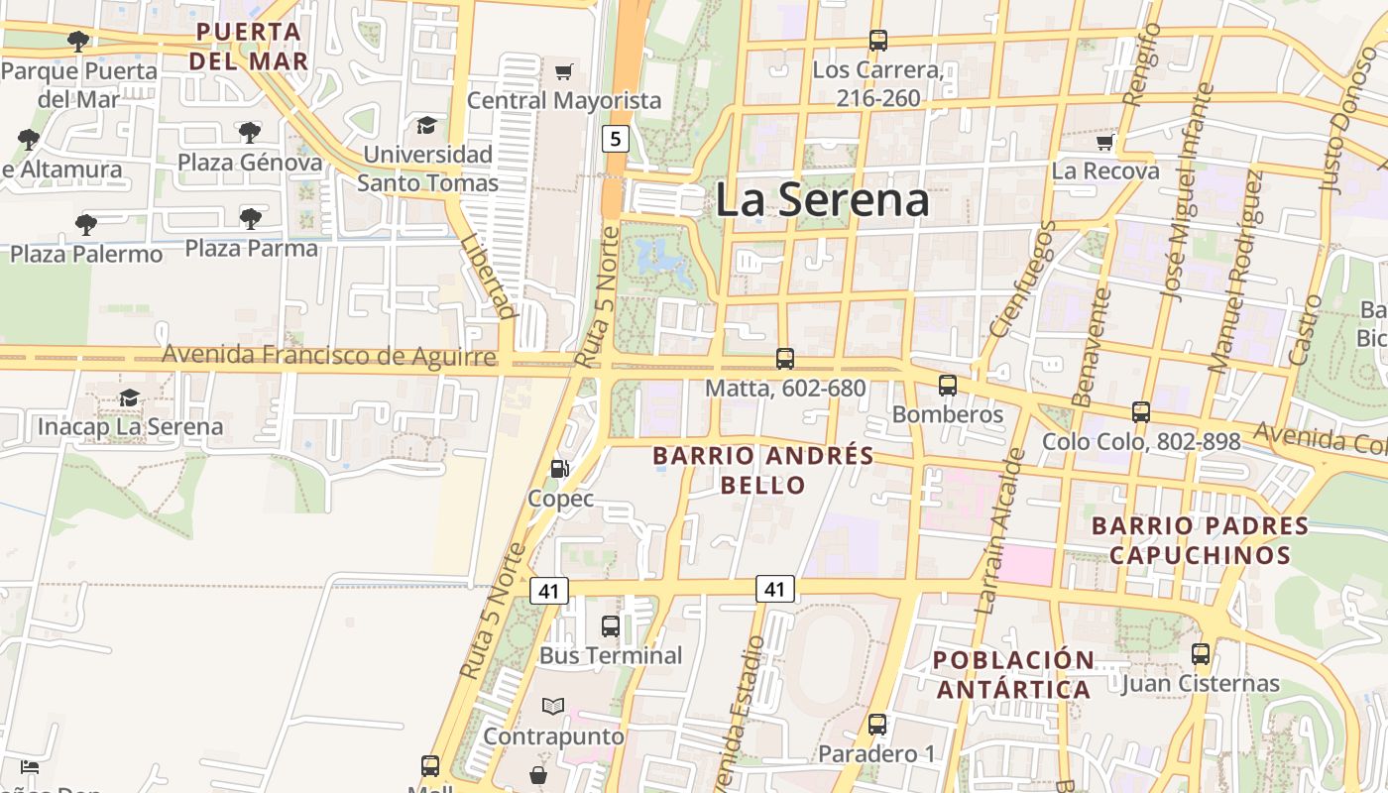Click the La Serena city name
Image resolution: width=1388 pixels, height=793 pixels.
pyautogui.click(x=822, y=200)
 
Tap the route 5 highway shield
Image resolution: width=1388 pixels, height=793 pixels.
pyautogui.click(x=615, y=139)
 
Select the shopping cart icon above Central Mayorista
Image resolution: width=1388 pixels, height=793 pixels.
pyautogui.click(x=564, y=71)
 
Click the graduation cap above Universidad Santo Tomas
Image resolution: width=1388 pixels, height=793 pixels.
pyautogui.click(x=426, y=125)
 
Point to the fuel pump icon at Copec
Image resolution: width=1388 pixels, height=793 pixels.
pyautogui.click(x=560, y=469)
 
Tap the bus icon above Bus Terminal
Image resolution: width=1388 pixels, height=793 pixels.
pyautogui.click(x=611, y=626)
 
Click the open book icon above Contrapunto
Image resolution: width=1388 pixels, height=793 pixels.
pyautogui.click(x=553, y=707)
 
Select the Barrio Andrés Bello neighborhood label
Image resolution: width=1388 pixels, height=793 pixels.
pyautogui.click(x=763, y=470)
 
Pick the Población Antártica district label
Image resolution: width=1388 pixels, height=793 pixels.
pyautogui.click(x=1013, y=674)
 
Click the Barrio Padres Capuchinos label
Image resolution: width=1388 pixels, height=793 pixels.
pyautogui.click(x=1200, y=539)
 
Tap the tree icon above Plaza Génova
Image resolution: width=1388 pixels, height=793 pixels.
pyautogui.click(x=250, y=132)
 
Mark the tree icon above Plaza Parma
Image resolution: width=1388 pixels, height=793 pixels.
pyautogui.click(x=252, y=218)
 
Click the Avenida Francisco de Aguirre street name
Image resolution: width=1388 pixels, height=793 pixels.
pyautogui.click(x=328, y=355)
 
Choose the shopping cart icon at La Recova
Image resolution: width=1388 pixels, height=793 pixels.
pyautogui.click(x=1105, y=143)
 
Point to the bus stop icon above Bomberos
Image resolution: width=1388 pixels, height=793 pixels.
pyautogui.click(x=948, y=386)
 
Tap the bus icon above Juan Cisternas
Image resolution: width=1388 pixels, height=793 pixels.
pyautogui.click(x=1201, y=654)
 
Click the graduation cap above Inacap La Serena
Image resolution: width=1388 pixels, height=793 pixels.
pyautogui.click(x=129, y=398)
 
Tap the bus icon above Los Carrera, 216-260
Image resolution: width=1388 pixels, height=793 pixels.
pyautogui.click(x=877, y=41)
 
